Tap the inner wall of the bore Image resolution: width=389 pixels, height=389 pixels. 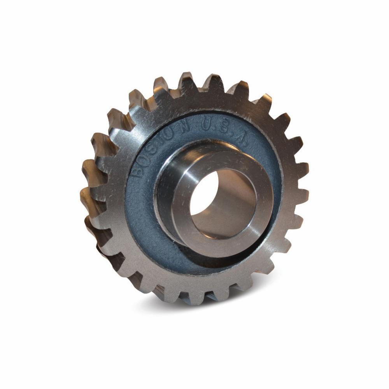(x=230, y=206)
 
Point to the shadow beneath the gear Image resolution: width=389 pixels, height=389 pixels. (x=218, y=307)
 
